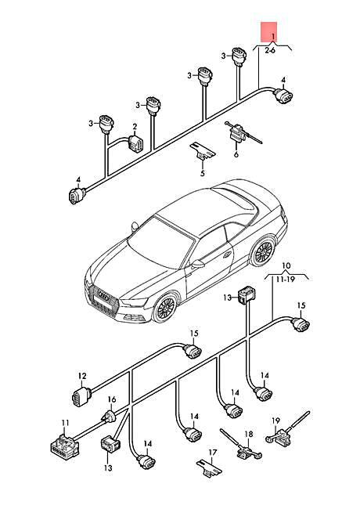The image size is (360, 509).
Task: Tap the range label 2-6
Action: pos(270,50)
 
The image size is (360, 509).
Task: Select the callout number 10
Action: pos(286,266)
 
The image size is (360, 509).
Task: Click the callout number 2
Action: pos(134,126)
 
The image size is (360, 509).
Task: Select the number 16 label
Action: pos(111,400)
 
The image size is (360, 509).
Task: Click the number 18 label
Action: pos(248,434)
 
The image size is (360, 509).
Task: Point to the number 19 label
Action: pos(275,421)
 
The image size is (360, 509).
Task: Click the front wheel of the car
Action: pos(166,306)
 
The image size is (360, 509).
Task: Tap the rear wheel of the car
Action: pos(262,251)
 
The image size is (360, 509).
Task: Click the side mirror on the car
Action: pos(197,265)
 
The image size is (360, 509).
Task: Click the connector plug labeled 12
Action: pos(79,396)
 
